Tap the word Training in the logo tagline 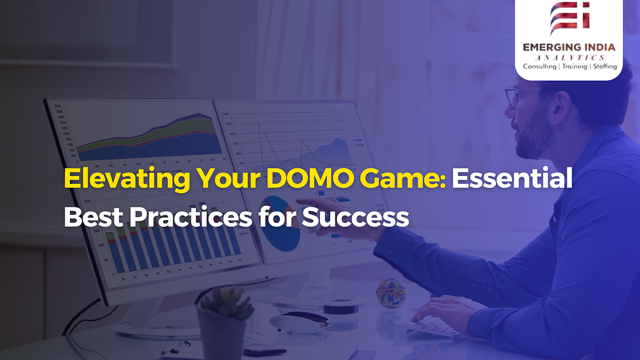573,67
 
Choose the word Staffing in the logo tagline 604,67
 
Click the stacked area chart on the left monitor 147,136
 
